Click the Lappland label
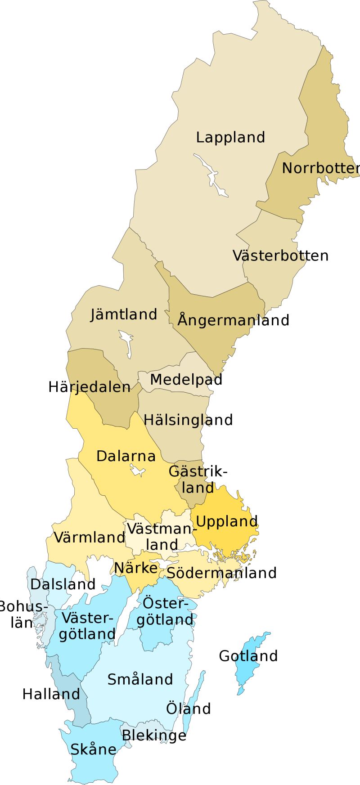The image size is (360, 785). pyautogui.click(x=230, y=137)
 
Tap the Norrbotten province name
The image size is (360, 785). pyautogui.click(x=320, y=168)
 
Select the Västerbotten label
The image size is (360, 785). pyautogui.click(x=280, y=256)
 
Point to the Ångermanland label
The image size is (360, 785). pyautogui.click(x=233, y=320)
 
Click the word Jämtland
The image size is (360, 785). pyautogui.click(x=124, y=314)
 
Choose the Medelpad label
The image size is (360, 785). pyautogui.click(x=186, y=379)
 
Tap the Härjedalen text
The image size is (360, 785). pyautogui.click(x=89, y=387)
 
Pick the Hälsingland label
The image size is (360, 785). pyautogui.click(x=188, y=420)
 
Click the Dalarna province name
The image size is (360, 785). pyautogui.click(x=126, y=456)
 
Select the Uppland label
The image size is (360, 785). pyautogui.click(x=227, y=521)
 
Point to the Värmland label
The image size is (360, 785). pyautogui.click(x=89, y=537)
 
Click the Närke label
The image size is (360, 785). pyautogui.click(x=135, y=568)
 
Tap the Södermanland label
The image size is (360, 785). pyautogui.click(x=221, y=573)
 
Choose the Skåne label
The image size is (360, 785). pyautogui.click(x=93, y=749)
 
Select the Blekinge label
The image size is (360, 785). pyautogui.click(x=154, y=735)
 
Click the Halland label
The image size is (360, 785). pyautogui.click(x=51, y=694)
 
